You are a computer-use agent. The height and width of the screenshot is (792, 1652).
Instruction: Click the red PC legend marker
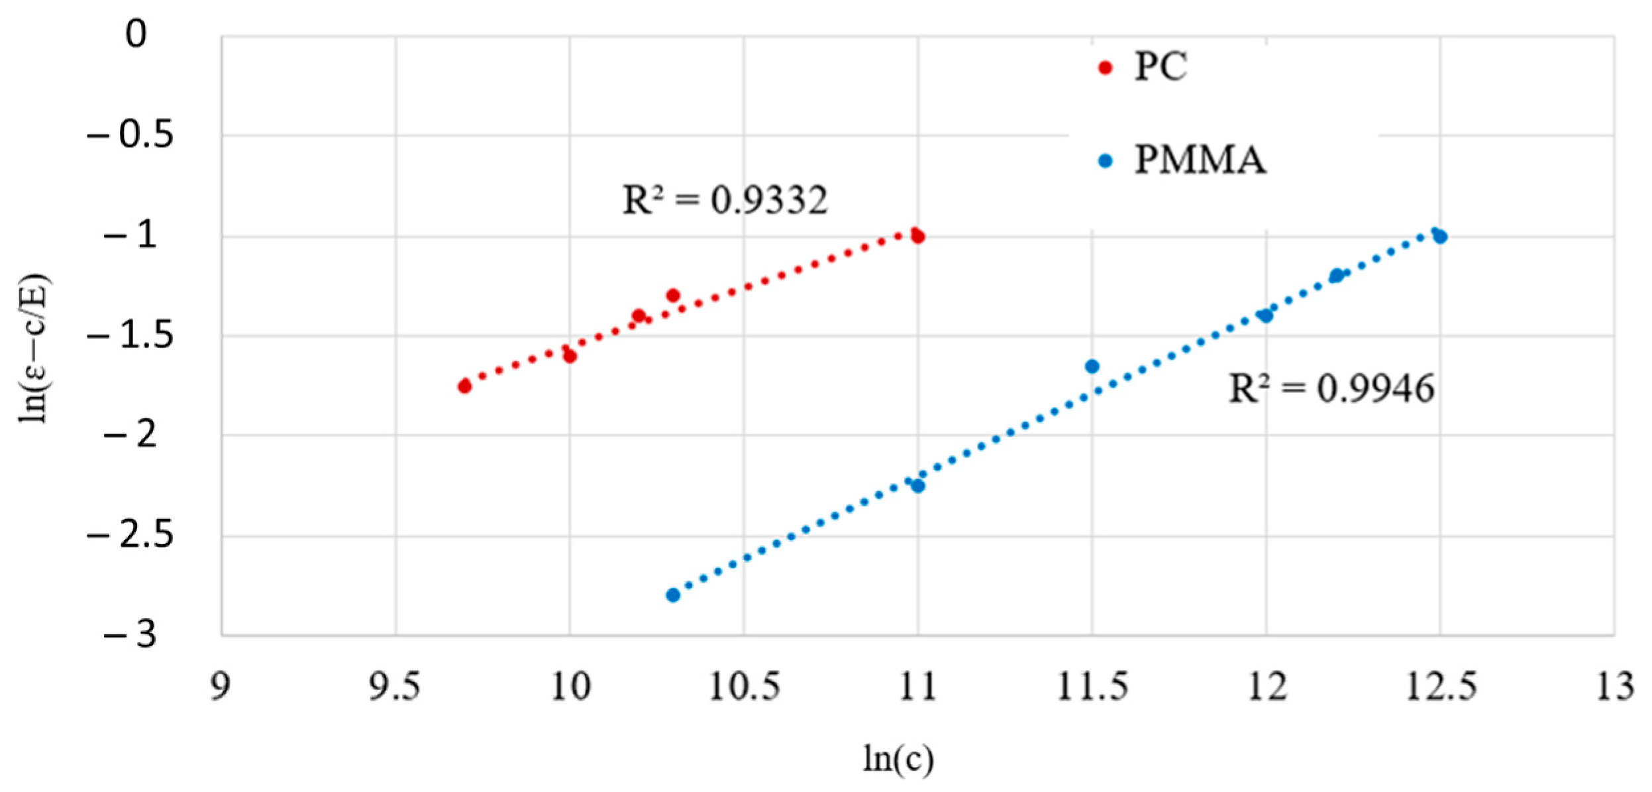1105,68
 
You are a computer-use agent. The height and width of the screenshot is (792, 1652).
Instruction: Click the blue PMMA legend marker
1105,161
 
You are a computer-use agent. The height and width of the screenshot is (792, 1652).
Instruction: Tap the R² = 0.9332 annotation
725,200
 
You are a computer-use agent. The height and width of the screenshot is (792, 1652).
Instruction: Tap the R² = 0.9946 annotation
1331,389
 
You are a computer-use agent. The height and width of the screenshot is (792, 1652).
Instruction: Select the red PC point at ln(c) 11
917,236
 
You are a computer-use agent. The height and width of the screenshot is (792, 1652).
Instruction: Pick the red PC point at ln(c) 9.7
464,386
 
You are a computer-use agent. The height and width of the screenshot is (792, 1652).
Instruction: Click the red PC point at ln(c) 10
570,356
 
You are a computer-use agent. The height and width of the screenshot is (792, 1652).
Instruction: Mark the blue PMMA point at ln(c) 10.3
673,595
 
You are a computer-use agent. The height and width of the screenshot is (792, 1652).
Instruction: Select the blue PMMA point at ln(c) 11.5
1092,367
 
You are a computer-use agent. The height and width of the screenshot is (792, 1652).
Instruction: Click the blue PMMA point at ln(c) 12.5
1439,237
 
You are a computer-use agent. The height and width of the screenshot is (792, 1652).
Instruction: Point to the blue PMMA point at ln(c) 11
917,486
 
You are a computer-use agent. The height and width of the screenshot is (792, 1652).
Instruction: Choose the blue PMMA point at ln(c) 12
1266,315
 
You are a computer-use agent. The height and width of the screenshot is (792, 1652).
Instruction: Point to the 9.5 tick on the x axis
395,687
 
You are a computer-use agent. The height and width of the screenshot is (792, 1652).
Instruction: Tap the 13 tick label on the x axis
1614,687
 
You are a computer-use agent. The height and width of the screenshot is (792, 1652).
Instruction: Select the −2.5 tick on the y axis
130,535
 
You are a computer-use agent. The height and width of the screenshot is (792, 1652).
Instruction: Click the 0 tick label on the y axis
136,34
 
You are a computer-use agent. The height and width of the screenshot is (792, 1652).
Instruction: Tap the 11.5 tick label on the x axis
1092,687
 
